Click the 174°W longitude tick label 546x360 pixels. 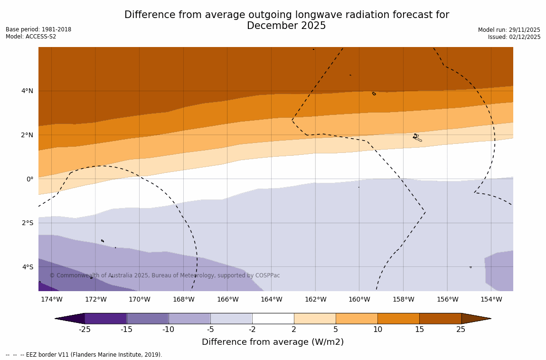point(51,299)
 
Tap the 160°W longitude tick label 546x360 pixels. point(359,299)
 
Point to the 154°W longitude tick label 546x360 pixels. point(491,299)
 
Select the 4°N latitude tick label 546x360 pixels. point(27,91)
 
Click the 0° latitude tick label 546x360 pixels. point(30,179)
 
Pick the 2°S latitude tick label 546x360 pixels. point(27,223)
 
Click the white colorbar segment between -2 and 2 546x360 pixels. point(273,318)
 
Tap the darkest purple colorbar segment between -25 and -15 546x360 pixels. point(105,318)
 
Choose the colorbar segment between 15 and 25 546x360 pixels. point(440,318)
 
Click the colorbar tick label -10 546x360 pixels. point(168,330)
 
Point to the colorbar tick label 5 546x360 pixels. point(335,330)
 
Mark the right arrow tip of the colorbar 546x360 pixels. point(490,318)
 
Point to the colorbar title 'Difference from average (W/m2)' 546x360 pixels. point(273,342)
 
